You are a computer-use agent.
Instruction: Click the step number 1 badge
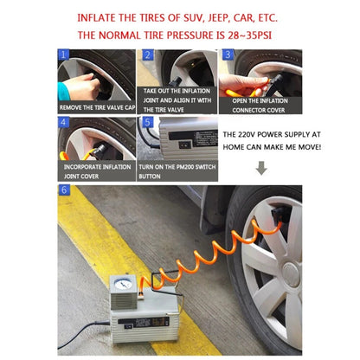(63, 55)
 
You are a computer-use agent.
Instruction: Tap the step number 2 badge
(146, 55)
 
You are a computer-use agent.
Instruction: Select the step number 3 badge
(227, 55)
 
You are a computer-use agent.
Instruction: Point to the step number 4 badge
(63, 122)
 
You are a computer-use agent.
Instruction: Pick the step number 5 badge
(146, 122)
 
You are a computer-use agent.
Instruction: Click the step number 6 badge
(63, 190)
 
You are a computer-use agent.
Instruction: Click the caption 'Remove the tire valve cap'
(96, 107)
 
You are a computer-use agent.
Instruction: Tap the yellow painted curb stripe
(91, 251)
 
